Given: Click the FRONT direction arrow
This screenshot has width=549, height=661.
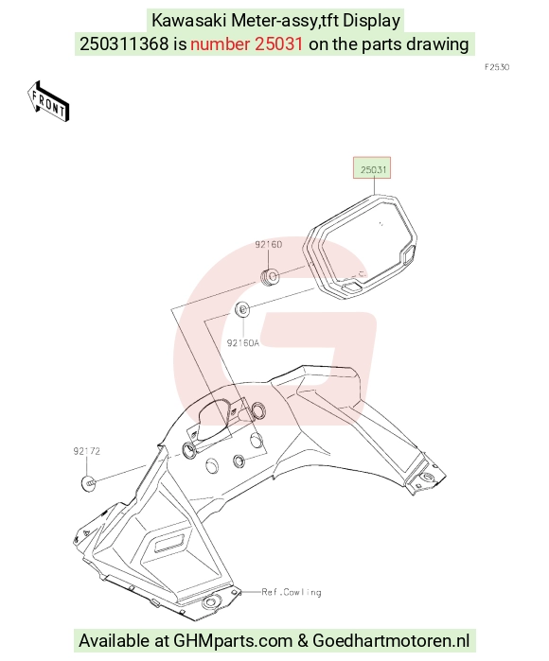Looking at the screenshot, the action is coord(47,101).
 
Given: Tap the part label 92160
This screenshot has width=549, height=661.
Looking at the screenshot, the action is coord(269,245).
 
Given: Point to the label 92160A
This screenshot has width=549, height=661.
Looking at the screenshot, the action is coord(243,342).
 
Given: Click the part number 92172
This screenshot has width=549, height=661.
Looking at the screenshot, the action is coord(86,451).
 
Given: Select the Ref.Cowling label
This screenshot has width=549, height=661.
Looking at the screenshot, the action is coord(292,592).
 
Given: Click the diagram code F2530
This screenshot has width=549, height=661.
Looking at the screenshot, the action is coord(497,67).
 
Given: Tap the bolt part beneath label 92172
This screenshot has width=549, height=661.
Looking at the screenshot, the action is coord(88,483).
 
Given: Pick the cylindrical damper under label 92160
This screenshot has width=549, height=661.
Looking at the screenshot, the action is coord(270,276).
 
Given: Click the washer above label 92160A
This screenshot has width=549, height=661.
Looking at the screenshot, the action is coord(242,310).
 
